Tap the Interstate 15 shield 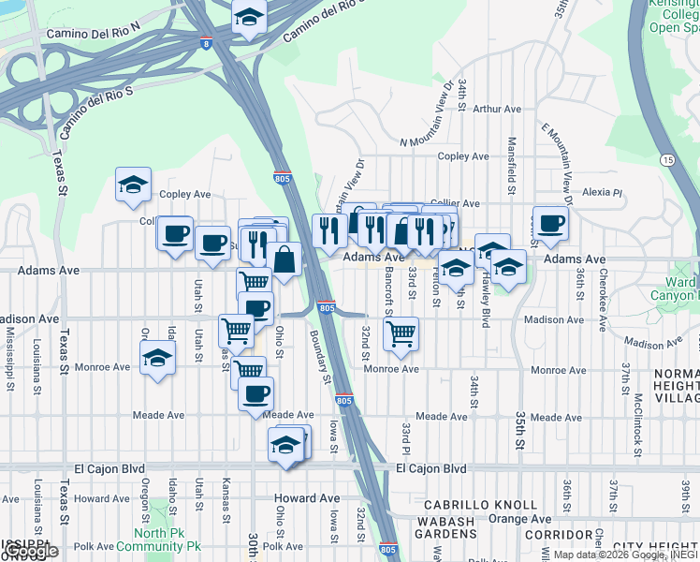pyautogui.click(x=666, y=161)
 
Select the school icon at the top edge pyautogui.click(x=249, y=18)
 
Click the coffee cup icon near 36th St pyautogui.click(x=551, y=224)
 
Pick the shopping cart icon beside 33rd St pyautogui.click(x=401, y=333)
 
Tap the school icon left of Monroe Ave pyautogui.click(x=157, y=358)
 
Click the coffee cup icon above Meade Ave pyautogui.click(x=255, y=394)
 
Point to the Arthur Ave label pyautogui.click(x=497, y=110)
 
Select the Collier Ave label pyautogui.click(x=457, y=203)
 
